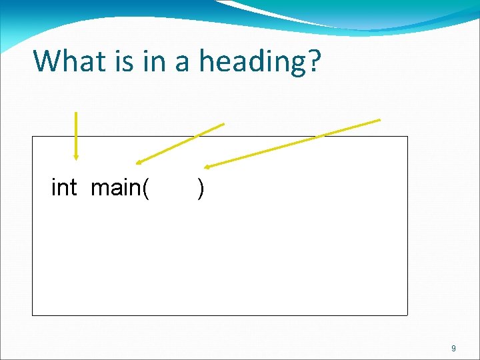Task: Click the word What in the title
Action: tap(66, 61)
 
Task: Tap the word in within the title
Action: tap(150, 61)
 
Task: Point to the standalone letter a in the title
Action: tap(181, 63)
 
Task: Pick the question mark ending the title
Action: tap(313, 61)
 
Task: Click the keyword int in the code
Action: tap(64, 188)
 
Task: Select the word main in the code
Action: tap(115, 188)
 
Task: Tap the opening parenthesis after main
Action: tap(145, 189)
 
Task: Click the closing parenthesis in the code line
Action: tap(201, 189)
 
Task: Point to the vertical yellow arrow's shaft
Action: tap(76, 133)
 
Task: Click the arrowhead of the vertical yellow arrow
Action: tap(76, 157)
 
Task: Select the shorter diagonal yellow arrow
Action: tap(180, 143)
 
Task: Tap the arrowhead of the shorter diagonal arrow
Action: tap(137, 162)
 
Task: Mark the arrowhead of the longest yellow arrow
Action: tap(206, 167)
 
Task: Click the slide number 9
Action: tap(453, 348)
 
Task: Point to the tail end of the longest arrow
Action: tap(379, 120)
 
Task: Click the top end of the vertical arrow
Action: tap(76, 113)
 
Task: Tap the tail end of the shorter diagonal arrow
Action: tap(223, 123)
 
